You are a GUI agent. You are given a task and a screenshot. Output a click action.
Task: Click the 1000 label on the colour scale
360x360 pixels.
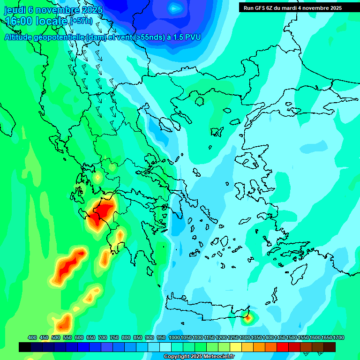[174, 337]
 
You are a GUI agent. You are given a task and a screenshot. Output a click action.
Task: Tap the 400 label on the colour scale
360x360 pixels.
[32, 337]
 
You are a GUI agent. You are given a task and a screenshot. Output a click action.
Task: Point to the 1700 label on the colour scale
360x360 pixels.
[339, 337]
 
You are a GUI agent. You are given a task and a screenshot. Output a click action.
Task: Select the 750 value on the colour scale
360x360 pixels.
[114, 337]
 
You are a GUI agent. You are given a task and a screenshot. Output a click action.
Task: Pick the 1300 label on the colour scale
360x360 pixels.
[245, 337]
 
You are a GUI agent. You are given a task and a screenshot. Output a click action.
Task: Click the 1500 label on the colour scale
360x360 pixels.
[292, 337]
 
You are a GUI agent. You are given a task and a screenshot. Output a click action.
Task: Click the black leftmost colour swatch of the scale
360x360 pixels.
[25, 347]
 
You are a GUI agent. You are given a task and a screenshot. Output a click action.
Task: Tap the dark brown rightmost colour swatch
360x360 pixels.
[330, 347]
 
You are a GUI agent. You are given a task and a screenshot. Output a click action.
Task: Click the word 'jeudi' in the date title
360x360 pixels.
[15, 10]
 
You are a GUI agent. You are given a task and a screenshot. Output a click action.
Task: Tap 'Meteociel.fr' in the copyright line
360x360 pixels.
[217, 357]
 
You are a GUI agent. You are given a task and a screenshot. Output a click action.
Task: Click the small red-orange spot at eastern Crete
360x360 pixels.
[247, 318]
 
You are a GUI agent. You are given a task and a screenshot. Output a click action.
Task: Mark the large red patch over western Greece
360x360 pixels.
[100, 213]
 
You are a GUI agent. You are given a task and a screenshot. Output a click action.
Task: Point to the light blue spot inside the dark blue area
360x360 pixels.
[175, 7]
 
